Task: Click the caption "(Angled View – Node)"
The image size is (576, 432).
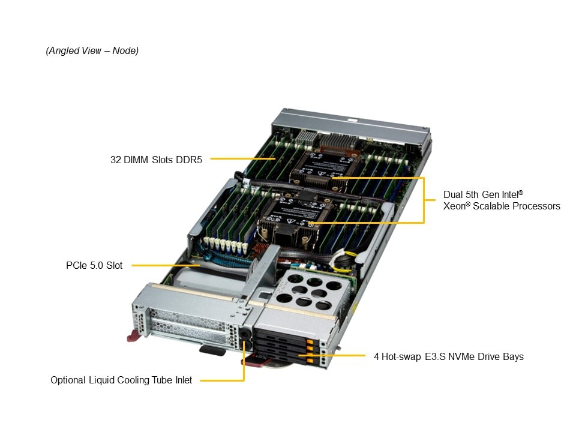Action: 92,51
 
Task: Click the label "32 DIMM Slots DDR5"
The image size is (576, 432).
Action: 157,160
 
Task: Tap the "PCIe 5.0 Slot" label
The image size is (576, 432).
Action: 94,265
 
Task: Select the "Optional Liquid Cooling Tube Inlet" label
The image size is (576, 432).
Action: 121,380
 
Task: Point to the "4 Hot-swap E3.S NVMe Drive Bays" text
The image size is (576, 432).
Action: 448,356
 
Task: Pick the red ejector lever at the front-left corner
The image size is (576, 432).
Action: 135,334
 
